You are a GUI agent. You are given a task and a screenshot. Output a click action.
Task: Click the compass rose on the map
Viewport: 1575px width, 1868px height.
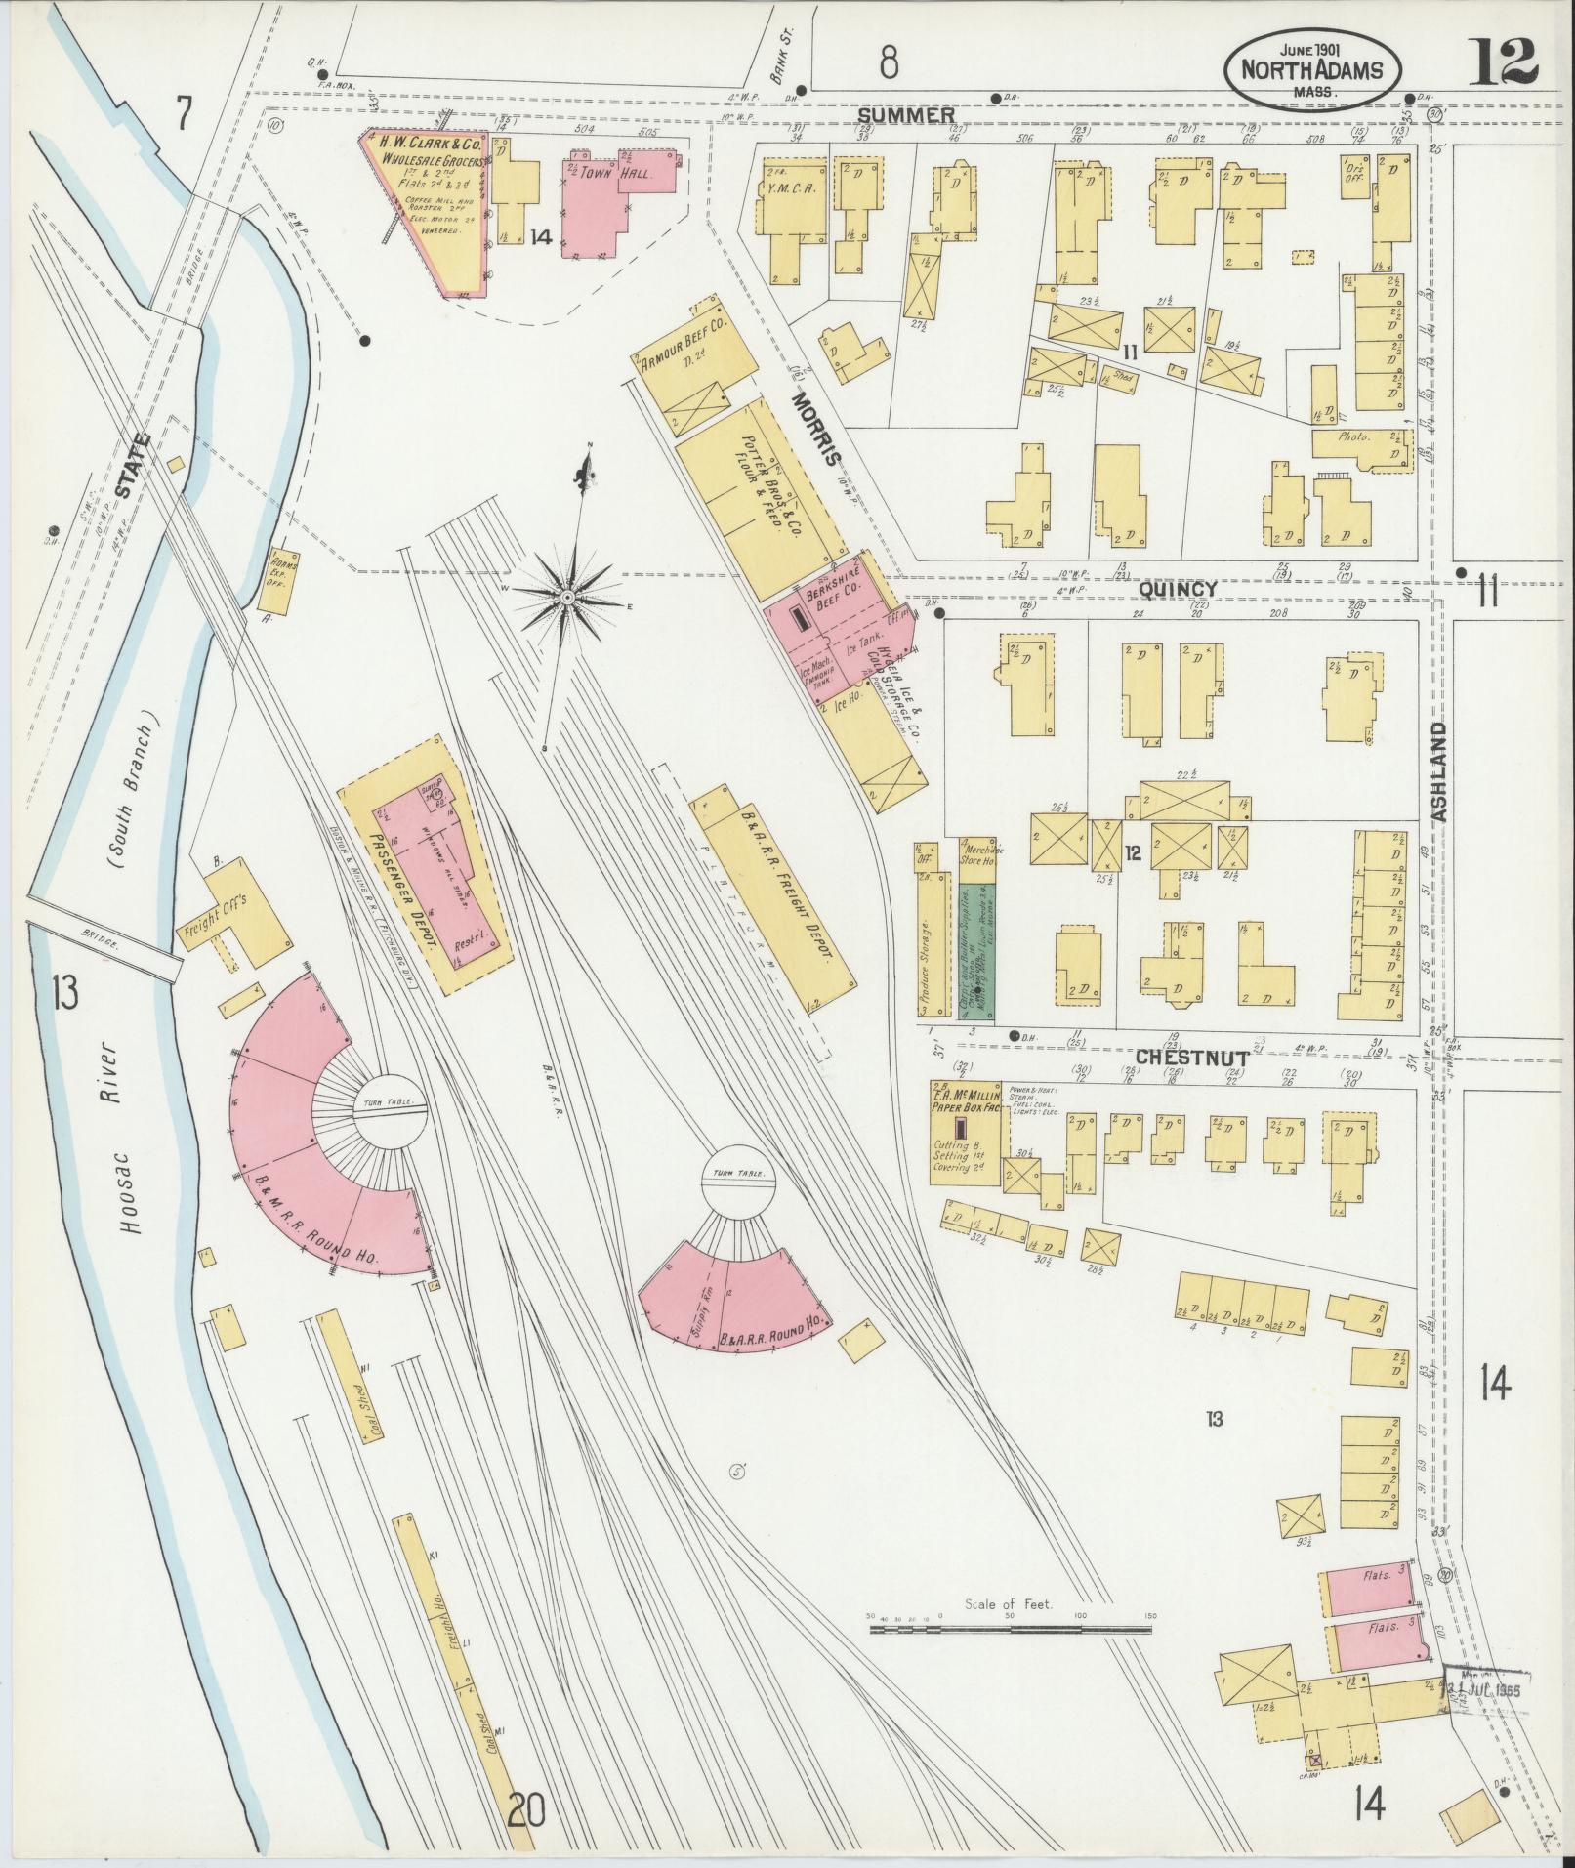pos(567,595)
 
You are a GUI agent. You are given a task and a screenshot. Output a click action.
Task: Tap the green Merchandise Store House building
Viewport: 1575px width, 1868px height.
pos(976,952)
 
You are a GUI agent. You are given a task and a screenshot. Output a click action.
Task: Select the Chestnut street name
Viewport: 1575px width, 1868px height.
pos(1192,1057)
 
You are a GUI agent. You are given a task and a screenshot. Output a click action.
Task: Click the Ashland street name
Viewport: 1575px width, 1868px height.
pos(1441,771)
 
